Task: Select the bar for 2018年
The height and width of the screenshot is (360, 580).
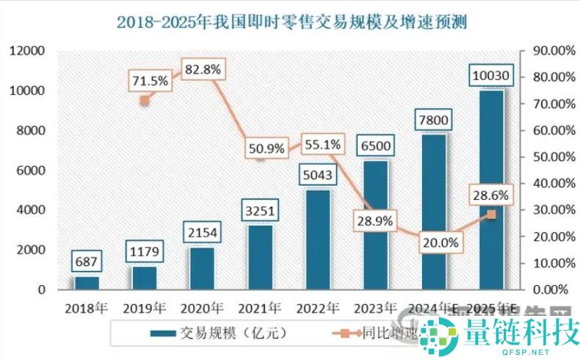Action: [x=86, y=283]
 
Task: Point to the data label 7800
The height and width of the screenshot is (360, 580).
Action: [x=432, y=118]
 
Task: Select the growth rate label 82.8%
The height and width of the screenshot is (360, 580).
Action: [x=202, y=69]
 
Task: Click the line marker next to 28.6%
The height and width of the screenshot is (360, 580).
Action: [x=491, y=214]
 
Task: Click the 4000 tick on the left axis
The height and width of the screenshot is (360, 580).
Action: [x=31, y=210]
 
